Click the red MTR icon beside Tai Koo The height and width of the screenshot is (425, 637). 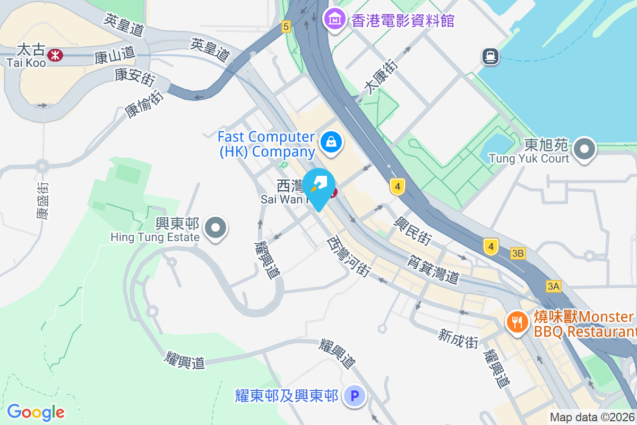[x=55, y=54]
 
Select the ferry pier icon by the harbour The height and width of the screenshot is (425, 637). [x=490, y=56]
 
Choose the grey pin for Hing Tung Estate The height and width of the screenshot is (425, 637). [x=215, y=228]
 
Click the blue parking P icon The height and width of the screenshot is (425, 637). [x=355, y=396]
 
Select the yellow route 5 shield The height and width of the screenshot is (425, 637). [x=286, y=26]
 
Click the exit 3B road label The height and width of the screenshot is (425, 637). [x=518, y=253]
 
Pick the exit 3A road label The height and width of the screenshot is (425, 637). [x=553, y=286]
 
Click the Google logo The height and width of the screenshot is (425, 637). [x=36, y=412]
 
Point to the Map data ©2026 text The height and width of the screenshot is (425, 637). [x=592, y=417]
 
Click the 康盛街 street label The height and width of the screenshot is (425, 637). [x=42, y=200]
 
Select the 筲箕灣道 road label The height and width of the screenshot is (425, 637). [x=434, y=269]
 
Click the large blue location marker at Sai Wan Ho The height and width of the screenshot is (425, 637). [x=318, y=188]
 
